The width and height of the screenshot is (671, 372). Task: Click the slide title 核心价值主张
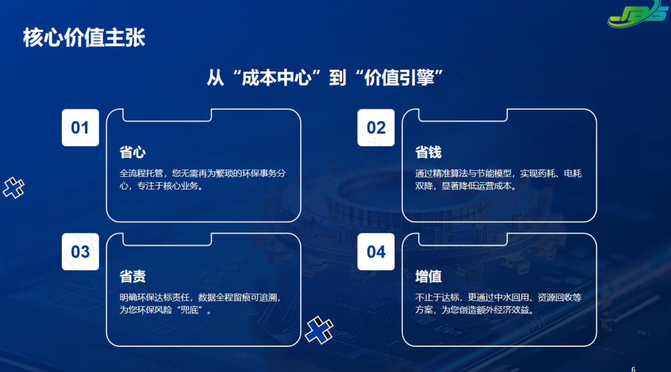(x=84, y=38)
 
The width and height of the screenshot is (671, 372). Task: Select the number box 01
(x=80, y=128)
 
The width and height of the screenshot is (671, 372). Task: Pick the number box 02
(x=376, y=128)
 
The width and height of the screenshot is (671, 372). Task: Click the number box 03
(x=80, y=252)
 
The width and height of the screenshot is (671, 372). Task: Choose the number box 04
(x=376, y=252)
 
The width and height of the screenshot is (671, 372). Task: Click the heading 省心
(x=133, y=152)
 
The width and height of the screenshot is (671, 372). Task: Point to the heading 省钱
(x=428, y=152)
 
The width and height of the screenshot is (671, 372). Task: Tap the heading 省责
(x=133, y=276)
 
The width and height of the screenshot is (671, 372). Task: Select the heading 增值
(x=428, y=276)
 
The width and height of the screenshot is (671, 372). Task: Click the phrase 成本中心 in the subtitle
(x=277, y=77)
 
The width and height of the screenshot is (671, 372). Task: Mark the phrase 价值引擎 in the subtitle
(x=399, y=77)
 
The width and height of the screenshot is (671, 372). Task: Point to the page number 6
(x=633, y=369)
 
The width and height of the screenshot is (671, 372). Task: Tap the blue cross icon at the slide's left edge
(x=14, y=188)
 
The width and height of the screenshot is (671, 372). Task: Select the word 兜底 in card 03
(x=190, y=309)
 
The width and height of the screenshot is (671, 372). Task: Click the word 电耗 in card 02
(x=573, y=173)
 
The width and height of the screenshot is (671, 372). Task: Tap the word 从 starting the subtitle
(x=216, y=77)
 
